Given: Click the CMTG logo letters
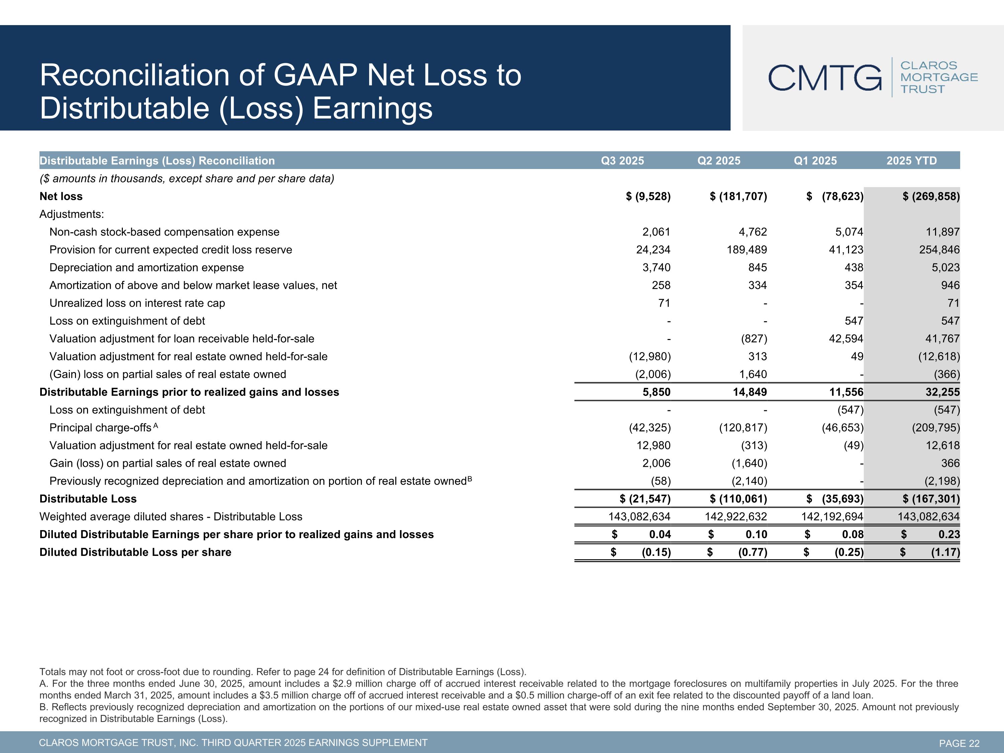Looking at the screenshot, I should tap(825, 78).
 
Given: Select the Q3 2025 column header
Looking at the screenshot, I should tap(622, 161).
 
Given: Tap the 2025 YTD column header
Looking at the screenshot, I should tap(911, 161).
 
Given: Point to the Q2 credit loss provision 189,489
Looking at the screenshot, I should tap(747, 250).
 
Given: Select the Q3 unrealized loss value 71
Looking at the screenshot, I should tap(664, 303).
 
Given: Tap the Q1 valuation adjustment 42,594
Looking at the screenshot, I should tap(846, 339).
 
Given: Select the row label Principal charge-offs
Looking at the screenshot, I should tap(100, 428).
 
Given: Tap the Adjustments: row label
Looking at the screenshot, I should tap(72, 214).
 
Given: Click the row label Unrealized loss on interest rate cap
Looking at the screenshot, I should tap(137, 303).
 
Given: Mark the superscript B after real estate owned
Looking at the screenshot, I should tap(470, 478).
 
